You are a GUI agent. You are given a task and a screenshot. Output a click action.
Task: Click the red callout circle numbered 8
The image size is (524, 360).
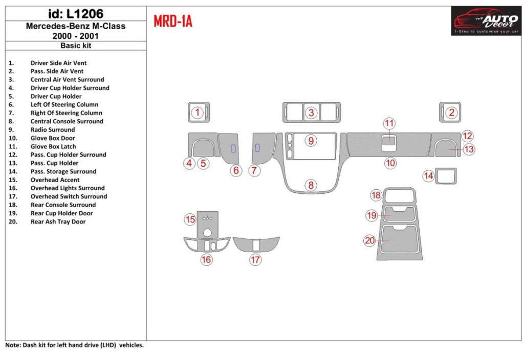tap(311, 185)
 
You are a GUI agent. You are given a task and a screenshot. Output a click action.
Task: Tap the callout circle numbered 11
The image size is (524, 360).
tap(389, 123)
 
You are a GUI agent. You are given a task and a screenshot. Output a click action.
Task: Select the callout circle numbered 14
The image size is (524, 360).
tap(428, 176)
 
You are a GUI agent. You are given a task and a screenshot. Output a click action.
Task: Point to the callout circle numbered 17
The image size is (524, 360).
tap(255, 260)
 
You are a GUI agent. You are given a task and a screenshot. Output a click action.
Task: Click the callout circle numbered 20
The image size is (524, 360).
tap(370, 240)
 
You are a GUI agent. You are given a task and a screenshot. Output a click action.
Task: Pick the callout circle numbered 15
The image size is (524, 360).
tap(190, 220)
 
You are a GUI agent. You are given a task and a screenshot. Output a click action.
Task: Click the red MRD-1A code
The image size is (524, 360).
tap(173, 22)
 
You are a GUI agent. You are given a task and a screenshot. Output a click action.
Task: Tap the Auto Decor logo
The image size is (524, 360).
tap(486, 21)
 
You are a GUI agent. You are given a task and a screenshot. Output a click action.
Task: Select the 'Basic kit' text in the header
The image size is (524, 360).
tap(75, 46)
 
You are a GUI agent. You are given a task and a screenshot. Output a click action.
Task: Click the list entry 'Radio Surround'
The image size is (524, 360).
tap(53, 130)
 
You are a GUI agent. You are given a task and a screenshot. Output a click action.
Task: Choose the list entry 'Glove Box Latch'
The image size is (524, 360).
tap(54, 146)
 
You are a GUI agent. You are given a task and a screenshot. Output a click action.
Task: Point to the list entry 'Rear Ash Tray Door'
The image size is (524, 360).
tap(58, 222)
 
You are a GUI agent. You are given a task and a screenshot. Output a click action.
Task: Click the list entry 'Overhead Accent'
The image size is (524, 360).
tap(55, 180)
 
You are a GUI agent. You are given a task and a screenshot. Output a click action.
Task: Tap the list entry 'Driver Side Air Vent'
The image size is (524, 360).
tap(58, 63)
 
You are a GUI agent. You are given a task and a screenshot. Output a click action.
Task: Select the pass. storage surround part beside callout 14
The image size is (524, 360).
tap(446, 176)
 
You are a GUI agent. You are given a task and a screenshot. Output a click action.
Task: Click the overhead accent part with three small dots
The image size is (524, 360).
tap(208, 223)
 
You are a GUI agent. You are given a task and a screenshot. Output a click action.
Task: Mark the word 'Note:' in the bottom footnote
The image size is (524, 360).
tap(13, 345)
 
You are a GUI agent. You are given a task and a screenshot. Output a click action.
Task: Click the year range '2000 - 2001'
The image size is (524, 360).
tap(75, 36)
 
